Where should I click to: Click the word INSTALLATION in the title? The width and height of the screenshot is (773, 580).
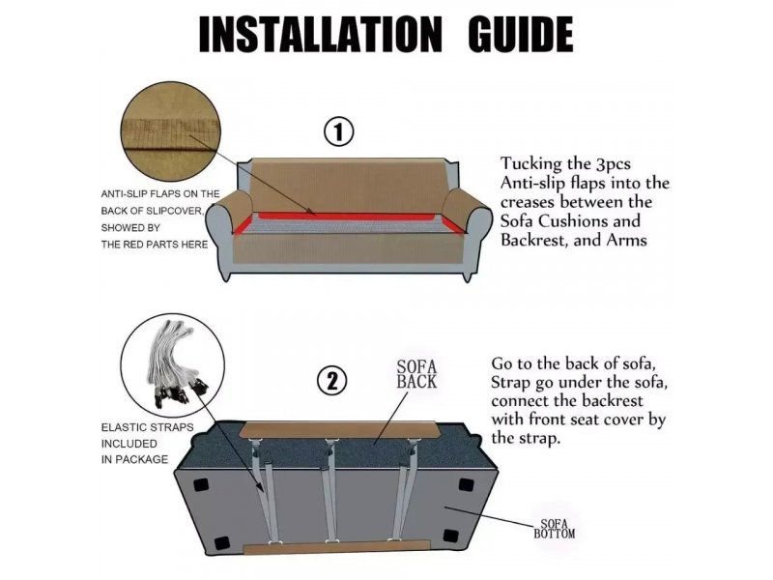[x=321, y=34]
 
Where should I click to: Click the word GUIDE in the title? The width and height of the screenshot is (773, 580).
[x=521, y=34]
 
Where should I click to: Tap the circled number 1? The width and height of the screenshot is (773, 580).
[x=338, y=132]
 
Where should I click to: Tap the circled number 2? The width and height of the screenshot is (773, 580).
[x=331, y=381]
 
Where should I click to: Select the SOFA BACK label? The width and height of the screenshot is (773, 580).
[x=416, y=374]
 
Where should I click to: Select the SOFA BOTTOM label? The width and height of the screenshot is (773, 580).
[x=554, y=529]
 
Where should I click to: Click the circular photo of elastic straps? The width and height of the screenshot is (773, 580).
[x=172, y=364]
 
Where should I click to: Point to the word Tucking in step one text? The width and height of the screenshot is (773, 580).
[x=530, y=164]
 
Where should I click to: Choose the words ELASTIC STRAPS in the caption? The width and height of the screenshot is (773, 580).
[x=148, y=427]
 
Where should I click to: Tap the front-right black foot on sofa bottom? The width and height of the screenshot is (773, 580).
[x=450, y=536]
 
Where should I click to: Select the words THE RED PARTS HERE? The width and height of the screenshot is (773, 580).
[x=155, y=245]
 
